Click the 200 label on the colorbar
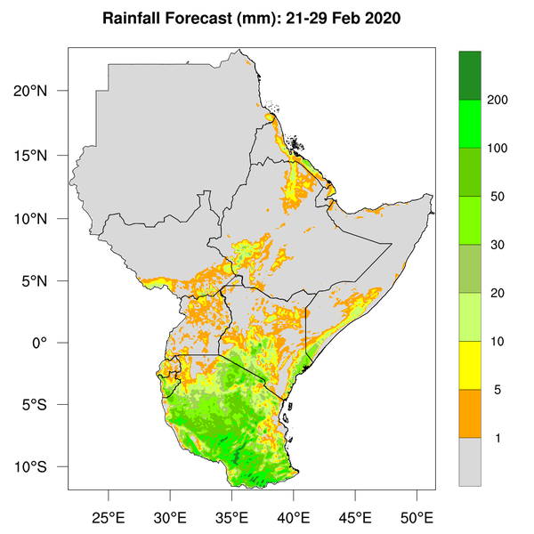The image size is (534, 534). (498, 100)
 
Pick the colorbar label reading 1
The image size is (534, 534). (498, 437)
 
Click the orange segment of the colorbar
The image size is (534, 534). (469, 413)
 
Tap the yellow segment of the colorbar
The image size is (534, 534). (469, 365)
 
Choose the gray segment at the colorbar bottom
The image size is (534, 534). (469, 461)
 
